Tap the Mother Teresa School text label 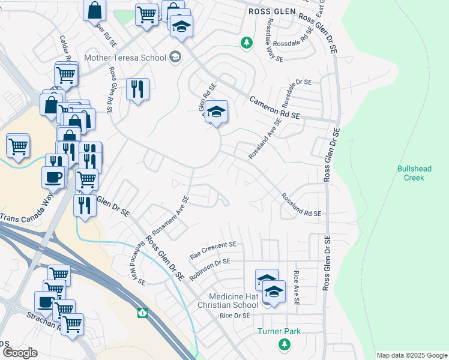tap(125, 58)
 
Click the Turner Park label tap(279, 331)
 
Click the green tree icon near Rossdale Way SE tap(246, 43)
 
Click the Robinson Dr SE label tap(210, 268)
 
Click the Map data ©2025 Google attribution tap(412, 355)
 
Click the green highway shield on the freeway tap(143, 313)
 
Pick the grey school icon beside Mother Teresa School tap(175, 58)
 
